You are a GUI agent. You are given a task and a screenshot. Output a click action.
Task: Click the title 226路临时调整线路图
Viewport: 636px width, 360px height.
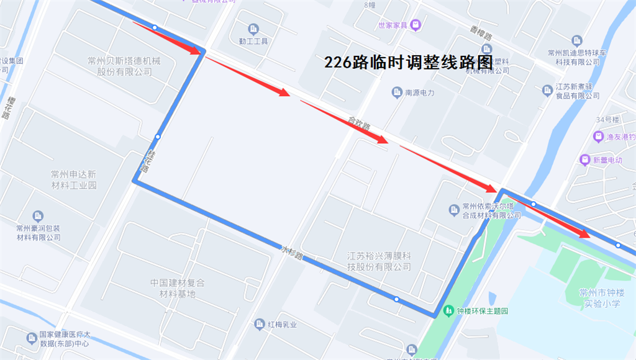(x=408, y=62)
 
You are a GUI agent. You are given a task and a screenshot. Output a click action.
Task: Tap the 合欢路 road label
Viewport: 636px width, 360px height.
(x=359, y=124)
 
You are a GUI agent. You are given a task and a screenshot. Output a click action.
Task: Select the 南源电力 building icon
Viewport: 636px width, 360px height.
(x=397, y=93)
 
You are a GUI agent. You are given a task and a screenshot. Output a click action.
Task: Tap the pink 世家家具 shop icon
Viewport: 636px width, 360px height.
(x=416, y=25)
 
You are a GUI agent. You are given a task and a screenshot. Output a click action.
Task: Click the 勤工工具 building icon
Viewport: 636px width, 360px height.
(x=253, y=29)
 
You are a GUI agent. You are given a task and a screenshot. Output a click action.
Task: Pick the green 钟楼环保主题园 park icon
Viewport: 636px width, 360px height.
(x=448, y=310)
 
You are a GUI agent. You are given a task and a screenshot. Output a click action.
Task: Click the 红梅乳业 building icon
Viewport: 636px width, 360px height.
(x=260, y=324)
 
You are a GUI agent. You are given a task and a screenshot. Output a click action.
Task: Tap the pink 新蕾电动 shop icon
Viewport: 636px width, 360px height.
(x=584, y=160)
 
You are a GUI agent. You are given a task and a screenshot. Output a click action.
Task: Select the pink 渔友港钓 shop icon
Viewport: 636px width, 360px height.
(x=598, y=137)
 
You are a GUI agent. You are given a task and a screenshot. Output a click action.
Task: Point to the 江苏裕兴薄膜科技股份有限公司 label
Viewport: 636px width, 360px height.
(x=379, y=261)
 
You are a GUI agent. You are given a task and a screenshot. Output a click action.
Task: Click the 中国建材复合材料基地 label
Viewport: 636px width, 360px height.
(x=177, y=288)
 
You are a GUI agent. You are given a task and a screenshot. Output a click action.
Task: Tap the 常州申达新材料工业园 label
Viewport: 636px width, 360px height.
(x=74, y=179)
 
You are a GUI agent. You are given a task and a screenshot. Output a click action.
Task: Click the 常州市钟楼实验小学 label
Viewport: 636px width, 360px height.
(x=600, y=299)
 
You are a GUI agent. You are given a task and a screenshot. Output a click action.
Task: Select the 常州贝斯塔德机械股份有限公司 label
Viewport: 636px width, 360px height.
(x=124, y=66)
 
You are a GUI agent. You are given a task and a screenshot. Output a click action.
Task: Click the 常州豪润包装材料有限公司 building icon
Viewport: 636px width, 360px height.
(x=38, y=216)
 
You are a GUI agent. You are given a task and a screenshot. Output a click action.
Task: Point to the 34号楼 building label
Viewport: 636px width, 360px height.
(x=609, y=119)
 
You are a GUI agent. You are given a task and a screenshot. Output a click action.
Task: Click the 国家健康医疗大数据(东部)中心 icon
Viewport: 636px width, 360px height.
(x=31, y=338)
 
